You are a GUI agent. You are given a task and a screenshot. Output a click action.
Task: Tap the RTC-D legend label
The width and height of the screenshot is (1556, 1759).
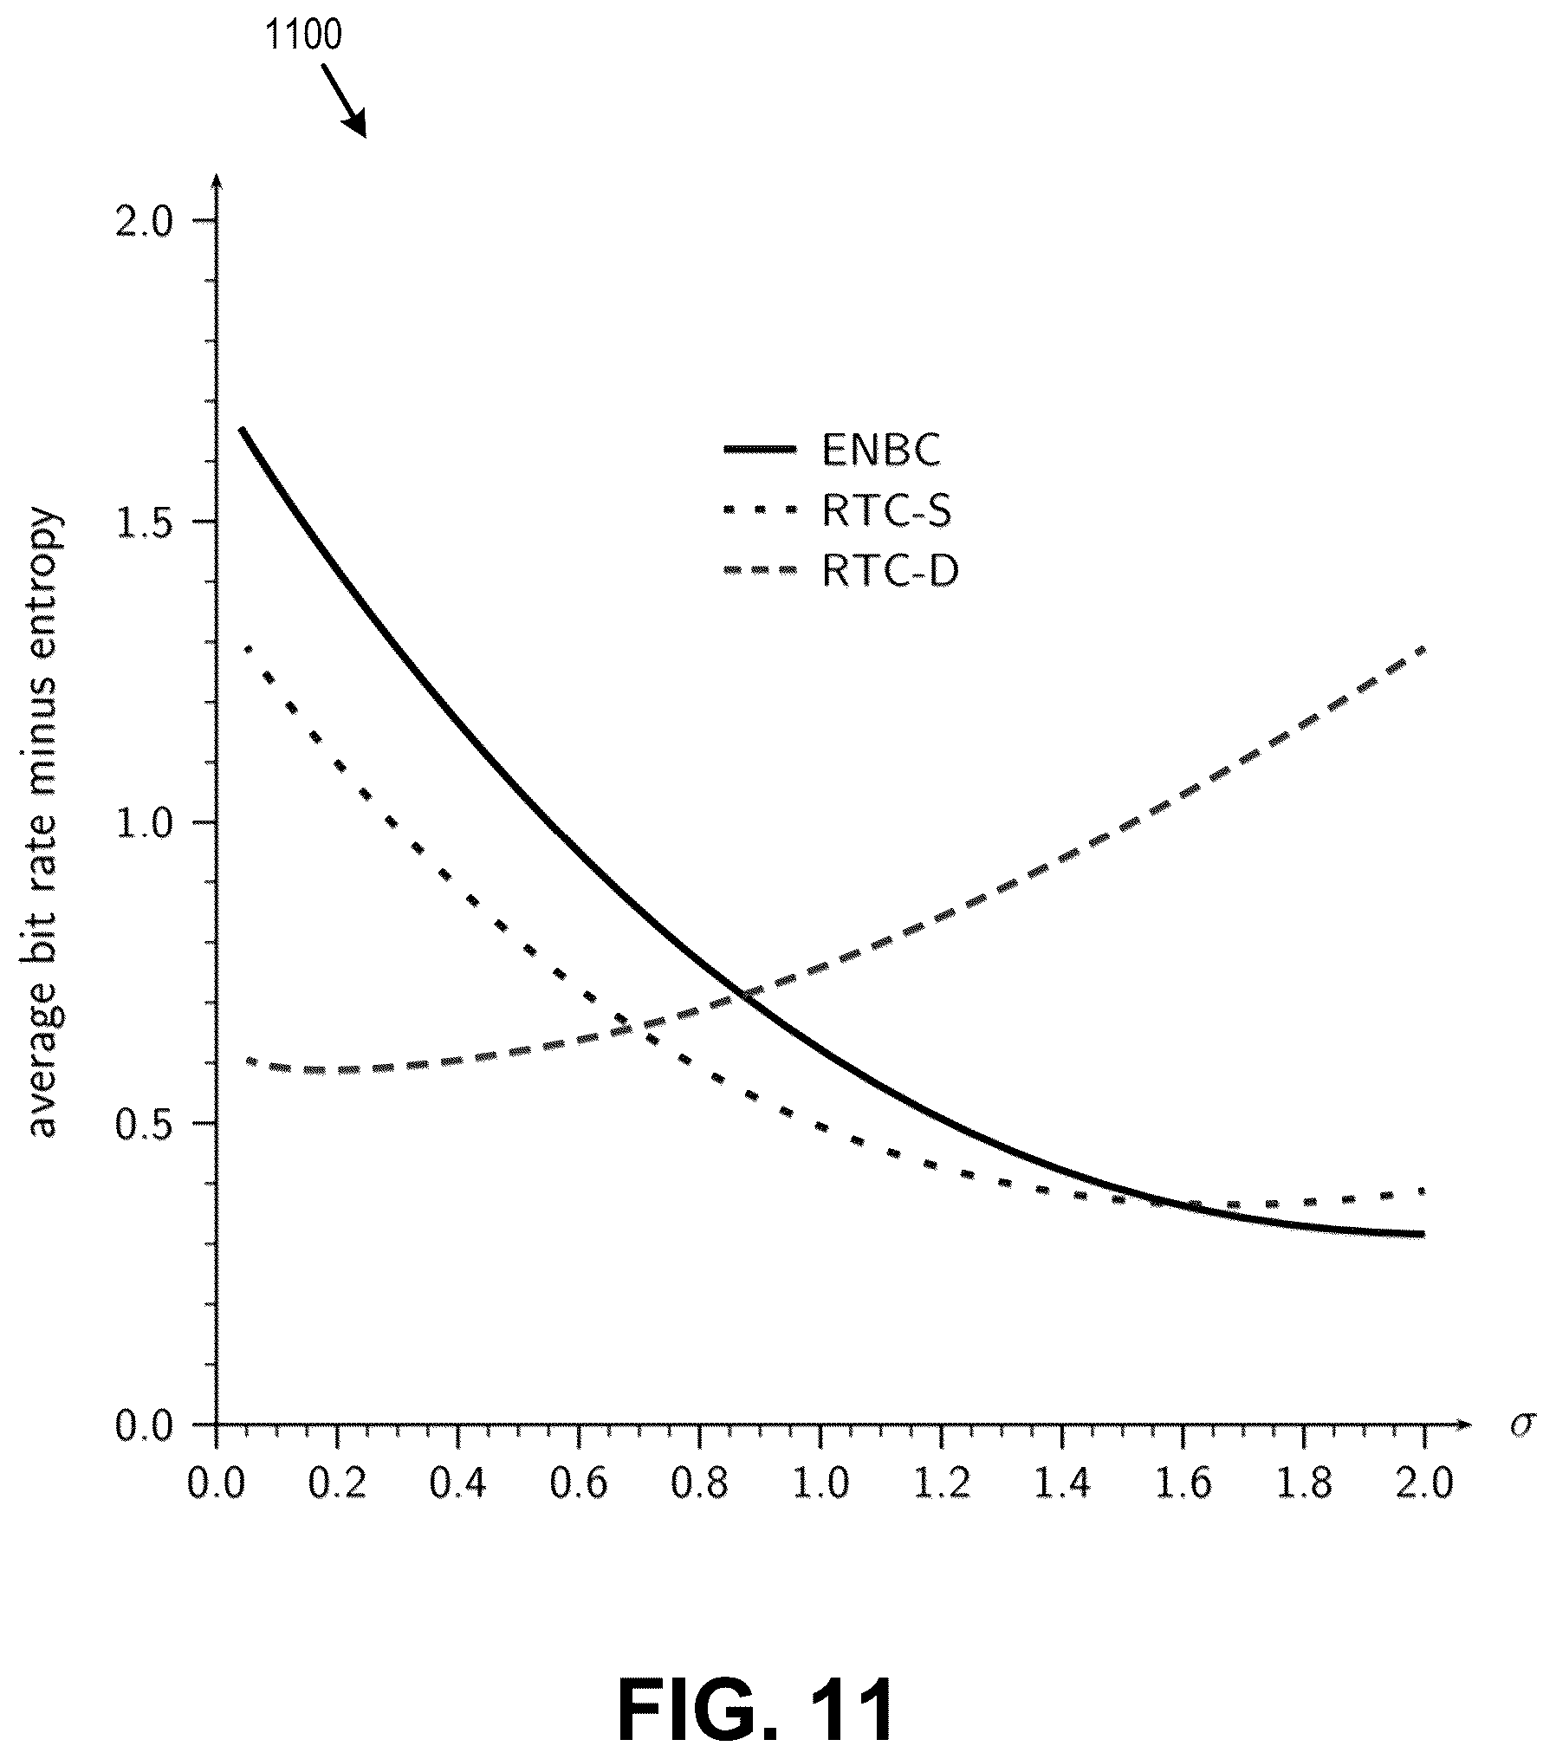tap(890, 571)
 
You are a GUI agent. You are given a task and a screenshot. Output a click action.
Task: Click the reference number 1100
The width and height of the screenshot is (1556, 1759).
tap(302, 36)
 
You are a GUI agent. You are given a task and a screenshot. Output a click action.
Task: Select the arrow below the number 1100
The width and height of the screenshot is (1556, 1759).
tap(344, 101)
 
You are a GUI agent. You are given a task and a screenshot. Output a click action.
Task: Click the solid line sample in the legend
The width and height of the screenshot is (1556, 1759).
tap(760, 449)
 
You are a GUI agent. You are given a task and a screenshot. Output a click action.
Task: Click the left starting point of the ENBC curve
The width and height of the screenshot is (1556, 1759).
tap(242, 429)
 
